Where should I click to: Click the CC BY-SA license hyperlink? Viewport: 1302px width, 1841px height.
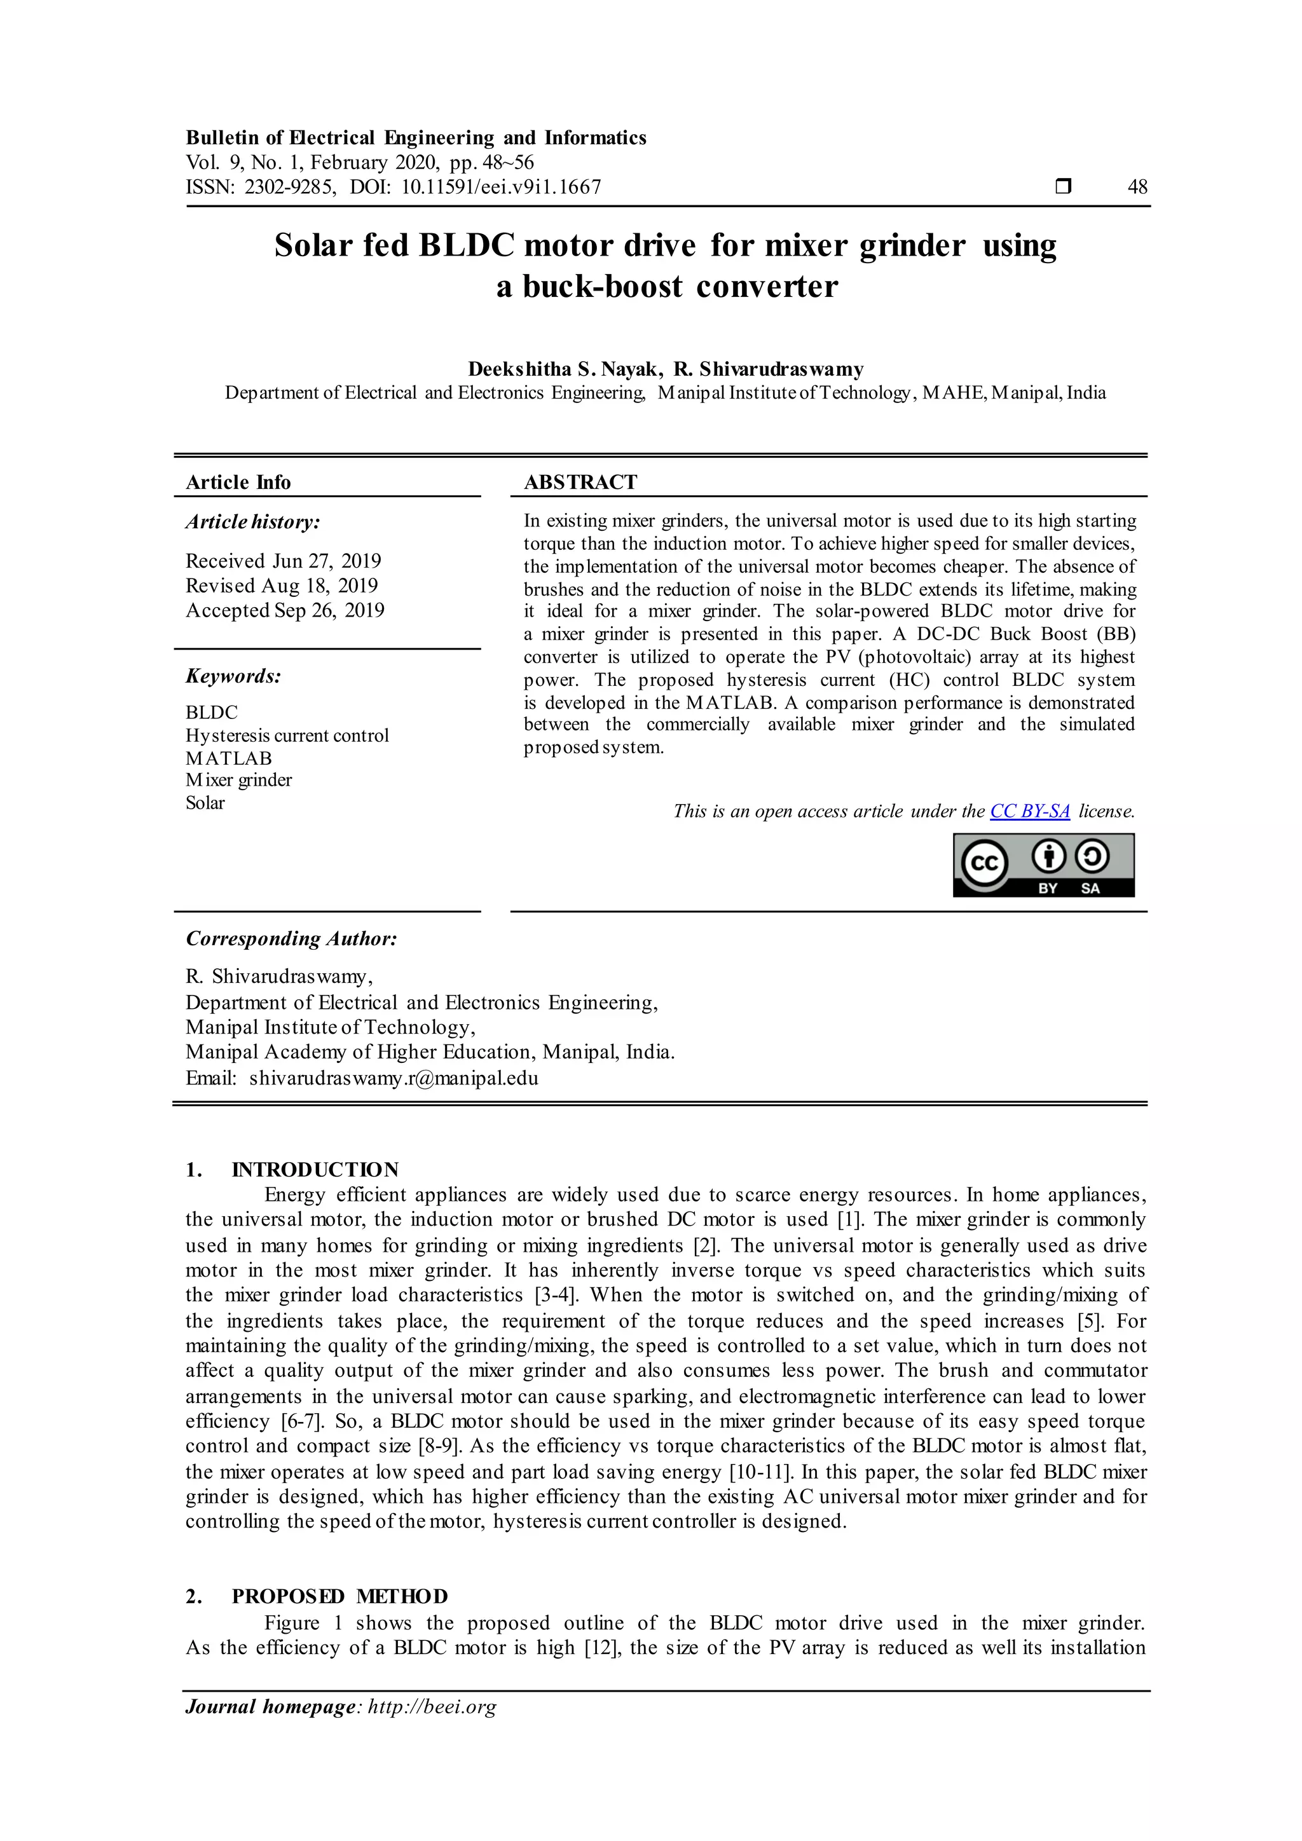(1029, 811)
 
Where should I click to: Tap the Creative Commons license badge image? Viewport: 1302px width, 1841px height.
(1043, 865)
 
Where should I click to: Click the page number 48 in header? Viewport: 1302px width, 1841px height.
(1137, 188)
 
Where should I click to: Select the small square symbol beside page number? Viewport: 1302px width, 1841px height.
(1063, 187)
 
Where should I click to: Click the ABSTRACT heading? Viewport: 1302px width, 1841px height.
(580, 482)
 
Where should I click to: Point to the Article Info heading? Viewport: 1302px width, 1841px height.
(238, 482)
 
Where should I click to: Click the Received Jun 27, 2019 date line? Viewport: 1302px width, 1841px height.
(283, 561)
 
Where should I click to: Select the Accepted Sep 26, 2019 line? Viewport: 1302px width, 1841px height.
(285, 610)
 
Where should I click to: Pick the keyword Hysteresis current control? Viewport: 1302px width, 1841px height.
(287, 736)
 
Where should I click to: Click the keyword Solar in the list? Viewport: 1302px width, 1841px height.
(205, 803)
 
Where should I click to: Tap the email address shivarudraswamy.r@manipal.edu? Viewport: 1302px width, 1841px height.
(393, 1078)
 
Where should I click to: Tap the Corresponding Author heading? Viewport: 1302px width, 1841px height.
(291, 939)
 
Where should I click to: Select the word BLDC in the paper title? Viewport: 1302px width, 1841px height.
(466, 245)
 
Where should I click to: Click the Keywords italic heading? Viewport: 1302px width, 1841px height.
(233, 676)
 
